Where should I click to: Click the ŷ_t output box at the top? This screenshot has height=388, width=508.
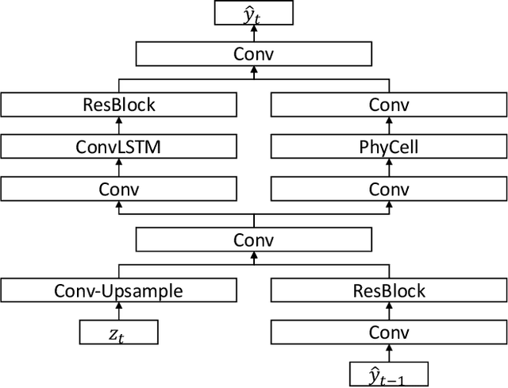[x=254, y=13]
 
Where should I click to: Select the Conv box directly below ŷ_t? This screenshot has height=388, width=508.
[x=254, y=54]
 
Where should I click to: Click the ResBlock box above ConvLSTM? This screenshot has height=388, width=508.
[x=119, y=105]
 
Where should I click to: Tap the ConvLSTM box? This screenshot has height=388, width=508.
[x=119, y=147]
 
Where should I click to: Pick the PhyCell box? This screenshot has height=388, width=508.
[x=389, y=147]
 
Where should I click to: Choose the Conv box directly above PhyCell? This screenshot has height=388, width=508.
[x=389, y=105]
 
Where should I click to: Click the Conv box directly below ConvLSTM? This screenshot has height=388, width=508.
[x=119, y=189]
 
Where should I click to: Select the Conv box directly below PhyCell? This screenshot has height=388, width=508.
[x=389, y=189]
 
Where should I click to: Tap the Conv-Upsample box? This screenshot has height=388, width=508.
[x=119, y=290]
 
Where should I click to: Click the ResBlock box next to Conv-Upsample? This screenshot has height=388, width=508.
[x=389, y=290]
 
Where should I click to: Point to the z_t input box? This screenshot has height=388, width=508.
[x=119, y=332]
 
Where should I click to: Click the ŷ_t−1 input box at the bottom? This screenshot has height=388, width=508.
[x=389, y=373]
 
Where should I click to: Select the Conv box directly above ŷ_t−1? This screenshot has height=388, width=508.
[x=389, y=332]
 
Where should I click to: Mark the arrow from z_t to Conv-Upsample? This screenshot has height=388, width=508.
[x=119, y=311]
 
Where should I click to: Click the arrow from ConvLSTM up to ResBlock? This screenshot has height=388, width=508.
[x=119, y=126]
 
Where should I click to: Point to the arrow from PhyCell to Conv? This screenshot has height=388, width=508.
[x=389, y=126]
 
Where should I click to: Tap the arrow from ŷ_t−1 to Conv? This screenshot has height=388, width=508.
[x=389, y=352]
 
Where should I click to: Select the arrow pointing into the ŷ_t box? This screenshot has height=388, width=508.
[x=254, y=33]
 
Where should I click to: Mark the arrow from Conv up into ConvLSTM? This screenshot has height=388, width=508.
[x=119, y=168]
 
